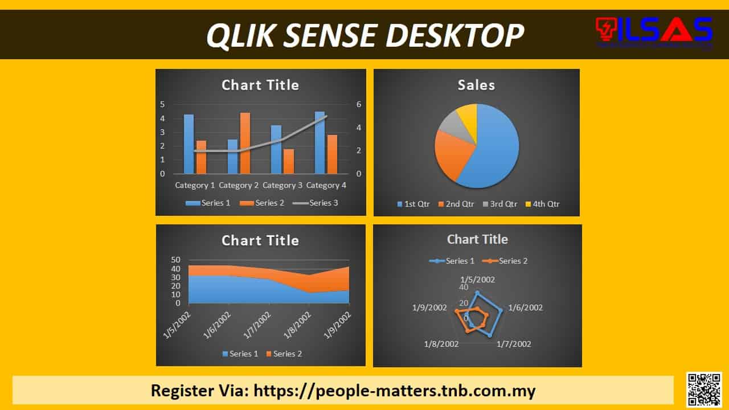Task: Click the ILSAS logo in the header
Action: tap(654, 31)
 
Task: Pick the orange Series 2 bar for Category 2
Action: tap(245, 143)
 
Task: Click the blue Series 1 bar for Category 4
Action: tap(320, 142)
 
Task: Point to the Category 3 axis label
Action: tap(282, 185)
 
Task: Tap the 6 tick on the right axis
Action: tap(359, 104)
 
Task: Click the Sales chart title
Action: tap(476, 85)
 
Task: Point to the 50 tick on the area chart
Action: tap(176, 260)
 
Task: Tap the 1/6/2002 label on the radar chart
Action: tap(525, 307)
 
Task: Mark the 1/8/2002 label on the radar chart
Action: tap(441, 344)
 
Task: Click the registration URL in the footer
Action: tap(394, 391)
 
